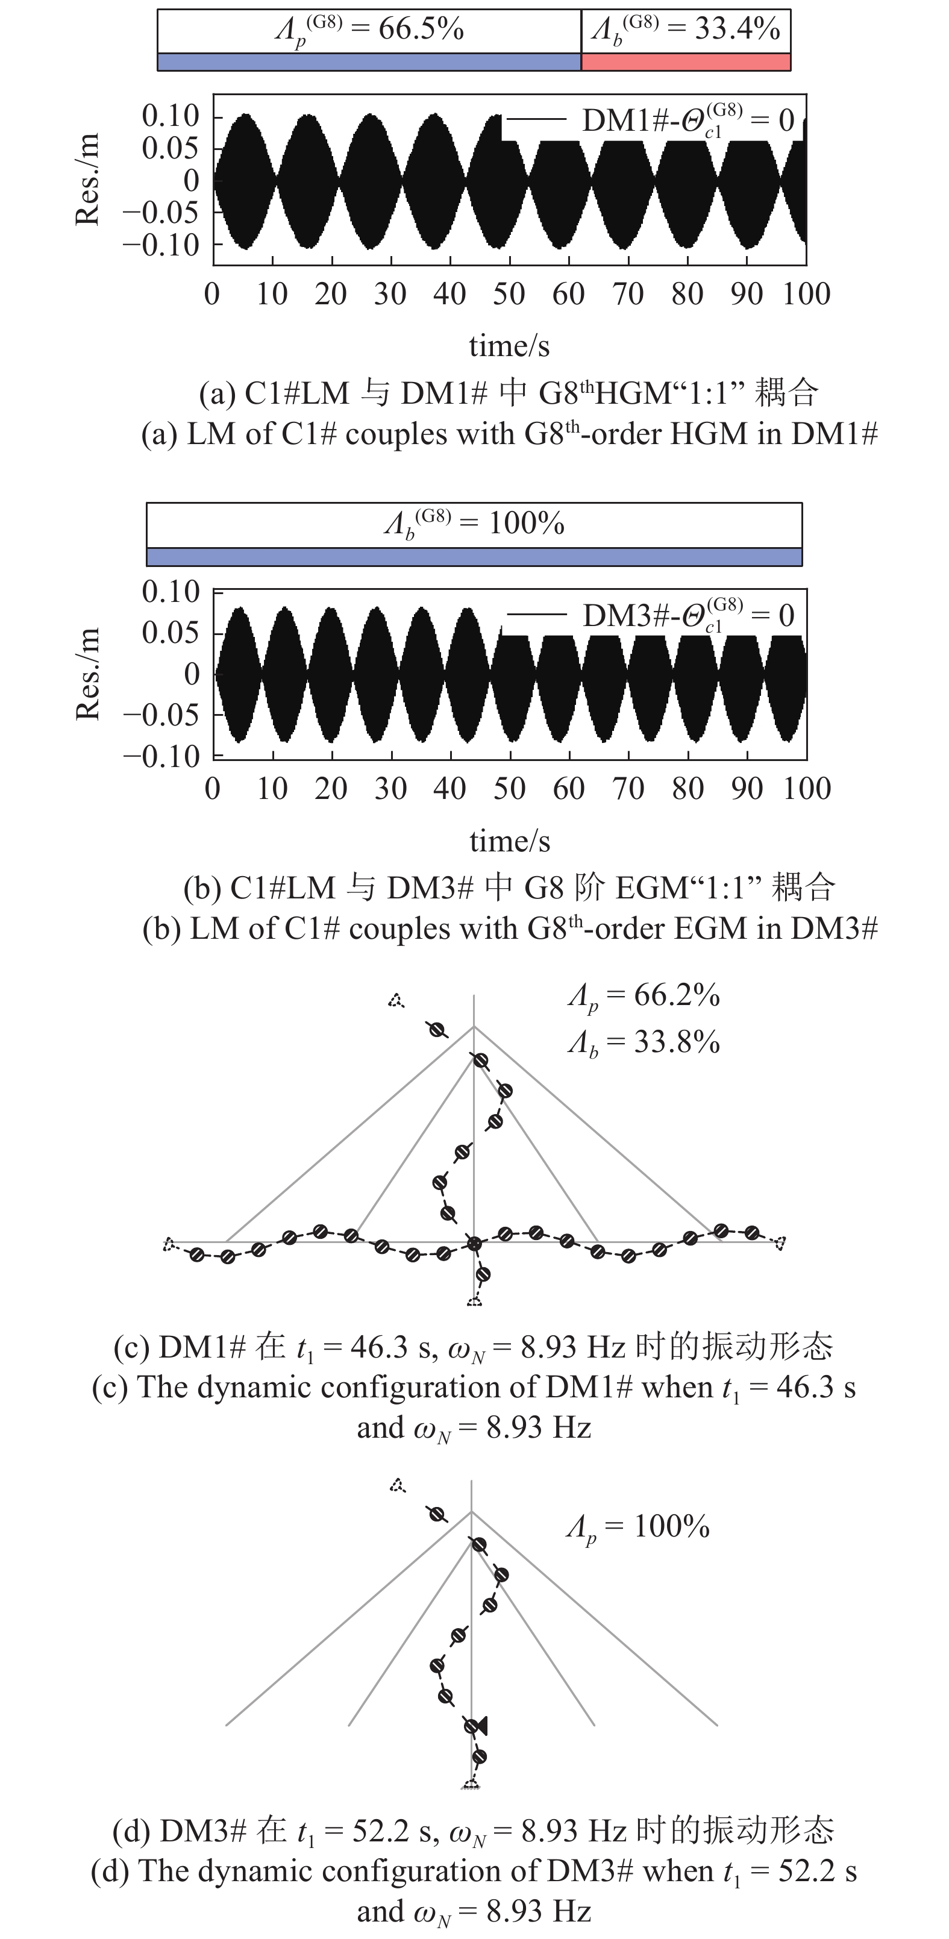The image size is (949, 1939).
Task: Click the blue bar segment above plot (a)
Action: click(x=369, y=61)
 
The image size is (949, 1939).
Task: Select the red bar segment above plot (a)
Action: click(x=686, y=61)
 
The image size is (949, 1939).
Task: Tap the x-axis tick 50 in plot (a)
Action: click(x=509, y=294)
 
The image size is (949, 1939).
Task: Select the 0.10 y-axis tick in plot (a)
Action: click(x=171, y=116)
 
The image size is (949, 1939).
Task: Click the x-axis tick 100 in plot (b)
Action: click(x=806, y=789)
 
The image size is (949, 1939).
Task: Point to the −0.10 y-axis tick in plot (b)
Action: click(x=162, y=756)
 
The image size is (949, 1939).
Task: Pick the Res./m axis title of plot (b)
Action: click(x=88, y=674)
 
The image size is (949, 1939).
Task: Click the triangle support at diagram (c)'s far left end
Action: click(x=169, y=1244)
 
